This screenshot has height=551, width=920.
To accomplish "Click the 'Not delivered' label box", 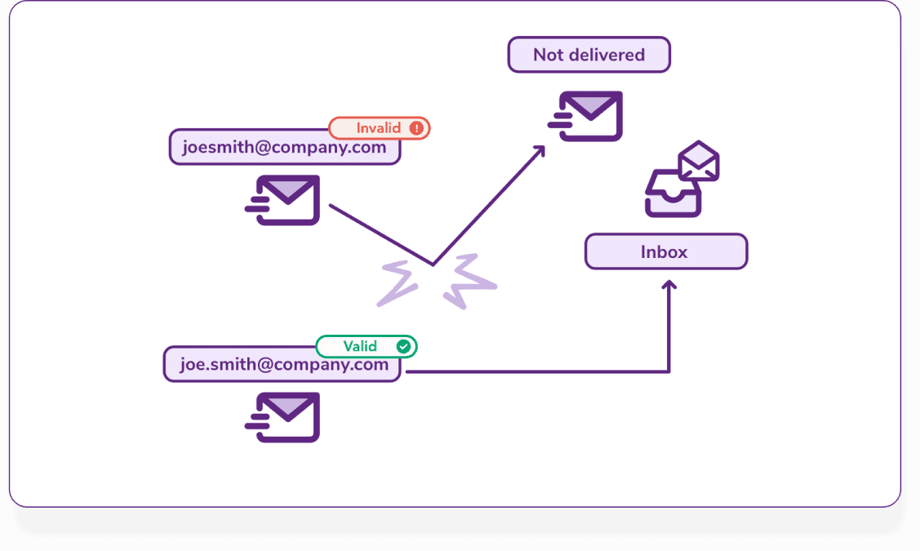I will (x=589, y=55).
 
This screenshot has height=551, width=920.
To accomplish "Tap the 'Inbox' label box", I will (x=665, y=251).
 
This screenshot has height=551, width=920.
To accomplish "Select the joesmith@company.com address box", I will (x=284, y=148).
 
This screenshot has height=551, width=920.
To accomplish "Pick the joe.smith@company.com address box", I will (x=282, y=365).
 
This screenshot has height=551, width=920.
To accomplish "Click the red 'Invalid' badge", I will (x=379, y=128).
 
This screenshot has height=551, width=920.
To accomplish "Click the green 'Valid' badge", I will (x=366, y=346).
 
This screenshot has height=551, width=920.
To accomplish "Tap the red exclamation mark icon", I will (x=416, y=128).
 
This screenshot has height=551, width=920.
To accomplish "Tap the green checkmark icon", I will (x=403, y=346).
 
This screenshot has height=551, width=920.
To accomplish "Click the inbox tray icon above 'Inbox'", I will (x=673, y=195).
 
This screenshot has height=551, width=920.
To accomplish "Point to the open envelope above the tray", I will (x=699, y=161).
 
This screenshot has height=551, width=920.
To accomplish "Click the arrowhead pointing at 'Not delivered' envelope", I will (x=540, y=150).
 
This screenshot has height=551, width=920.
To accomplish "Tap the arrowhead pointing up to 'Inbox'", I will (x=669, y=285).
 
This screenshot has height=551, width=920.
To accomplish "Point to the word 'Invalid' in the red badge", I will (x=378, y=128).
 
